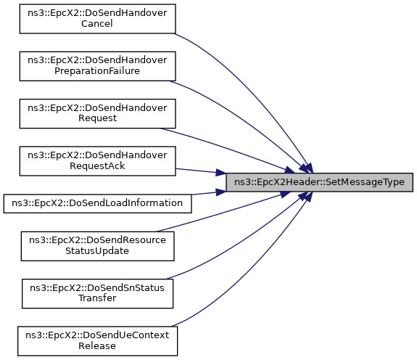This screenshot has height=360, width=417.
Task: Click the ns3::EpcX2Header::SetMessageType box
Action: tap(319, 182)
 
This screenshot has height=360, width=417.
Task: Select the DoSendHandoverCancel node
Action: tap(97, 19)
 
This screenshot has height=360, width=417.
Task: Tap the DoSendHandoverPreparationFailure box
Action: tap(97, 66)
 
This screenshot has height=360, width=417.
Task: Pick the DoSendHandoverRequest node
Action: tap(97, 114)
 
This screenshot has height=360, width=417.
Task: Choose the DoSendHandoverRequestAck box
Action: tap(97, 161)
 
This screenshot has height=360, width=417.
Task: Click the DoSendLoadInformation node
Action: tap(97, 203)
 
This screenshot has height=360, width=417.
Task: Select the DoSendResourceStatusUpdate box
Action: tap(97, 246)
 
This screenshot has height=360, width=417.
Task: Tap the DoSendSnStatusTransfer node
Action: tap(97, 293)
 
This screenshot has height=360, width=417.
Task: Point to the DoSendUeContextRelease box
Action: tap(97, 341)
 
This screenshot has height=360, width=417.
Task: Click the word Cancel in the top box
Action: tap(97, 24)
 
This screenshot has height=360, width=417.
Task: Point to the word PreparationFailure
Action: tap(97, 71)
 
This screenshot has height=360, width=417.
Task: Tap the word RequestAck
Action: tap(97, 166)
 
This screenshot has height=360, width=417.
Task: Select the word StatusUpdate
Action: tap(97, 251)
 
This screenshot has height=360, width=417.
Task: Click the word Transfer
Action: tap(97, 298)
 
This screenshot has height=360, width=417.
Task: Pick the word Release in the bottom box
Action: tap(97, 346)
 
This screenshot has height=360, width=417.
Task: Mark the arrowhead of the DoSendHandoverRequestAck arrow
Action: tap(220, 172)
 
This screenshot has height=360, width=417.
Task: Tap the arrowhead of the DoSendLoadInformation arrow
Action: tap(220, 192)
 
